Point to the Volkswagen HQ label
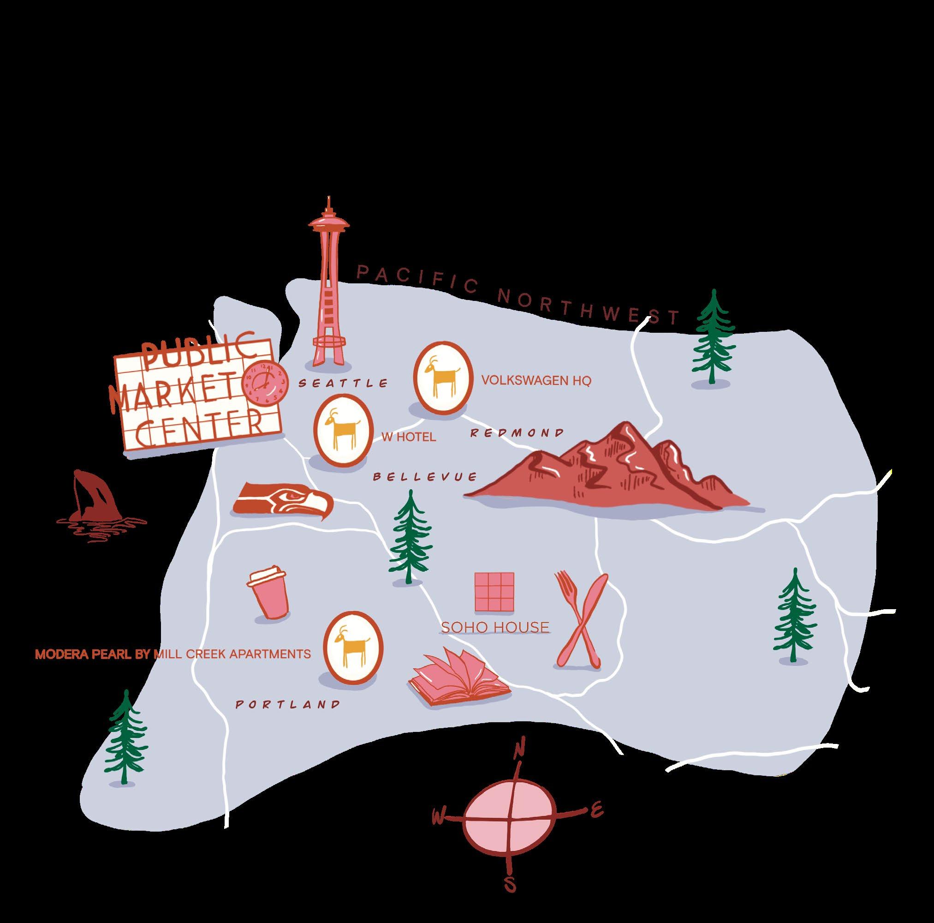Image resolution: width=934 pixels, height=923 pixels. point(536,381)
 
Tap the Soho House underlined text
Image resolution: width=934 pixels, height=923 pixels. point(495,628)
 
